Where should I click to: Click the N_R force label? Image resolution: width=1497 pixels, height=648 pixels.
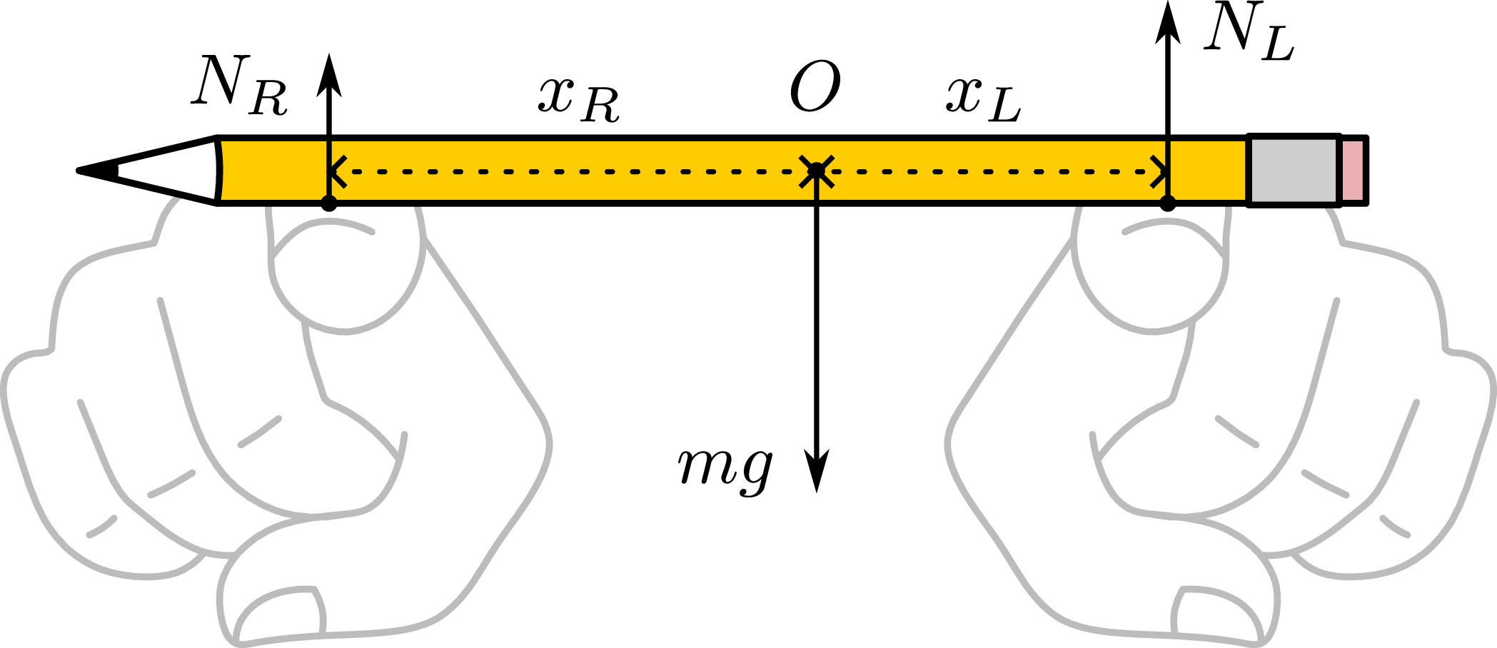coord(238,87)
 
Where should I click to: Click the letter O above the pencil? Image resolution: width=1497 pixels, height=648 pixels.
coord(815,87)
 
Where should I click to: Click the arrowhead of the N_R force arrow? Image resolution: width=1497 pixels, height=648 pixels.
coord(329,75)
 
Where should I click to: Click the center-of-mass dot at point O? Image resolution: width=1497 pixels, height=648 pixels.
coord(816,171)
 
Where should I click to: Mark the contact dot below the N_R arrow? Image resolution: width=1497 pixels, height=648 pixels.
coord(328,204)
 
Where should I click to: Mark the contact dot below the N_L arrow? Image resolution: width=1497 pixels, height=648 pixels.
coord(1167,204)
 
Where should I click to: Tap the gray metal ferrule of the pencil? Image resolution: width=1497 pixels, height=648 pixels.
coord(1293,171)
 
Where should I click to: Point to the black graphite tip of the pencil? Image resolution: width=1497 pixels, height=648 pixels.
coord(96,171)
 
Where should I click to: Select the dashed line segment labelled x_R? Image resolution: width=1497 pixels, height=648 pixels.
coord(571,171)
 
